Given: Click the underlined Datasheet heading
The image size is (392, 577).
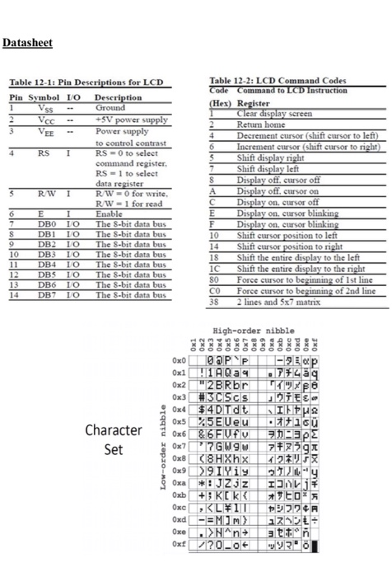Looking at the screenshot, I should pyautogui.click(x=29, y=43).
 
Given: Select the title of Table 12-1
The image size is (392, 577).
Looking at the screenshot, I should pyautogui.click(x=86, y=83).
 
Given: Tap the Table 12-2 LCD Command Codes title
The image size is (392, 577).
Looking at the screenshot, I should pyautogui.click(x=278, y=80).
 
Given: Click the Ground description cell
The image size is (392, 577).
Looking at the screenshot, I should pyautogui.click(x=110, y=108).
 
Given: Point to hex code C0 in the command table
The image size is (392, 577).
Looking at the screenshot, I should pyautogui.click(x=217, y=291).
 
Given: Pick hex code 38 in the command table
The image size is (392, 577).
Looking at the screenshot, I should pyautogui.click(x=216, y=300).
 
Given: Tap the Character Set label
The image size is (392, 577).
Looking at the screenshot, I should pyautogui.click(x=114, y=440).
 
